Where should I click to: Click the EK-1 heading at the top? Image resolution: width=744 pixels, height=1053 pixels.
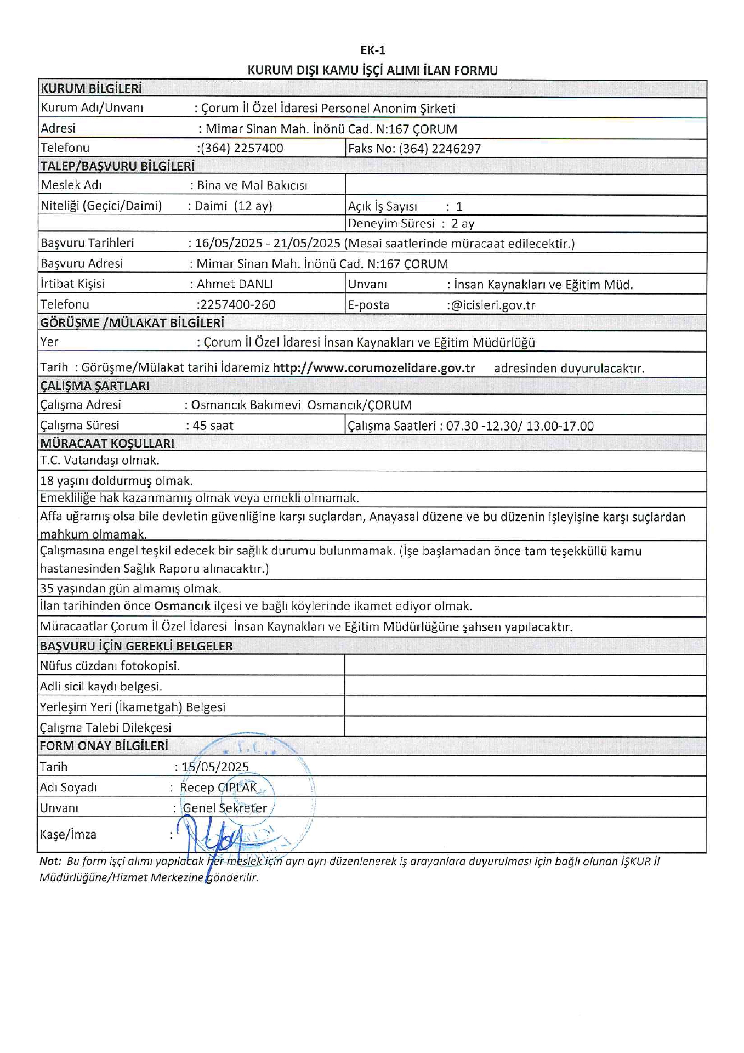pyautogui.click(x=373, y=50)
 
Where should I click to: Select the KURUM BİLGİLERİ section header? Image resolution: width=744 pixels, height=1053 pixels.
pyautogui.click(x=91, y=88)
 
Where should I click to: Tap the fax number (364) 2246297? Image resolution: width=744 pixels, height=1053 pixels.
pyautogui.click(x=440, y=149)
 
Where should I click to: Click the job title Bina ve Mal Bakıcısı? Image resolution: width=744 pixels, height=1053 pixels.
pyautogui.click(x=252, y=185)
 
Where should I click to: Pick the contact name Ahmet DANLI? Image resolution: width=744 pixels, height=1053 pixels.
pyautogui.click(x=235, y=284)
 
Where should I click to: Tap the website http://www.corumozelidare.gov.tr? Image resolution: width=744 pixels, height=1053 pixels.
pyautogui.click(x=374, y=368)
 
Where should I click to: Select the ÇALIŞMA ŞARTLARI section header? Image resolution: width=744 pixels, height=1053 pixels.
pyautogui.click(x=94, y=386)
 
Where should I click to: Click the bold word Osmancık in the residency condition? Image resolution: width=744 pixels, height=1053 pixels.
pyautogui.click(x=182, y=606)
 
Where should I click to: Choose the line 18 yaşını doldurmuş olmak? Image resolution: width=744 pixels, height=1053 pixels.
pyautogui.click(x=116, y=481)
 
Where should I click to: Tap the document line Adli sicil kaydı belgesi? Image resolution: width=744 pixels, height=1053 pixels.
pyautogui.click(x=101, y=687)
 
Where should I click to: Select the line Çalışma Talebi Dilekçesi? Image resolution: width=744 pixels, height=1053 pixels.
pyautogui.click(x=105, y=728)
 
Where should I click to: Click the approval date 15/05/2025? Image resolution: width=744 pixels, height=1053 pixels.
pyautogui.click(x=215, y=767)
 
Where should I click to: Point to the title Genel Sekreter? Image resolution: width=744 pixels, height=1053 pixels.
pyautogui.click(x=225, y=808)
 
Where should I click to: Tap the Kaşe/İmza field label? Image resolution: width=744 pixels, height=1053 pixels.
pyautogui.click(x=68, y=835)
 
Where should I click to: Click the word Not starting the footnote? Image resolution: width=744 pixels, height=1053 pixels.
pyautogui.click(x=49, y=862)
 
